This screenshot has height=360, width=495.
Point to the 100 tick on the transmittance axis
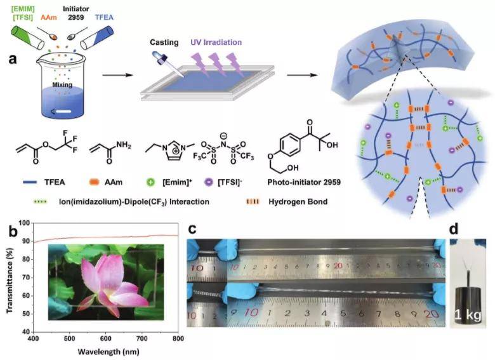pyautogui.click(x=25, y=223)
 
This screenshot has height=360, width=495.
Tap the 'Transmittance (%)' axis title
pyautogui.click(x=7, y=277)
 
